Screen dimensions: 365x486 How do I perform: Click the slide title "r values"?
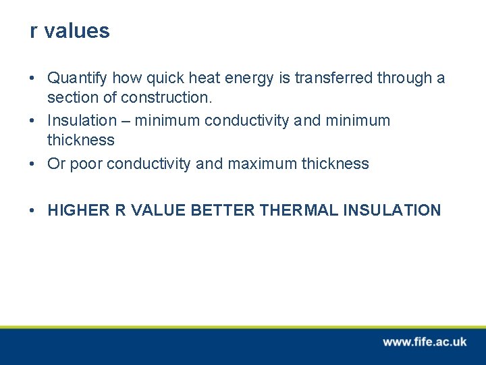(70, 31)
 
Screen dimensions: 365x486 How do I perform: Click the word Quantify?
(77, 78)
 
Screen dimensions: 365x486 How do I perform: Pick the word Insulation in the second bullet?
(82, 121)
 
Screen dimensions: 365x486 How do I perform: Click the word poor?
(88, 164)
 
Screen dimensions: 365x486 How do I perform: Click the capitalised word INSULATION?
(392, 210)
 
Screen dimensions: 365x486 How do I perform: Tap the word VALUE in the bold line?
(159, 210)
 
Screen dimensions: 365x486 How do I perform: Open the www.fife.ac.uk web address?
(425, 342)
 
